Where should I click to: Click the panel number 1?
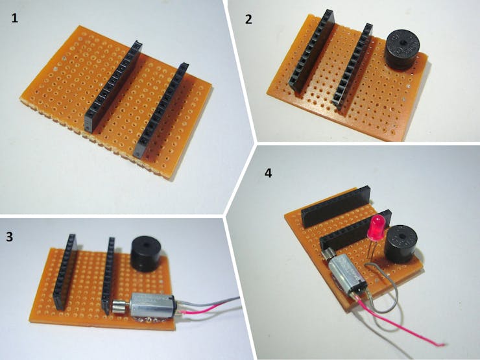(15, 18)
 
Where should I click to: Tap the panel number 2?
(248, 19)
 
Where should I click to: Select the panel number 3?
(10, 237)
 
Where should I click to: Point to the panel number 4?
(268, 173)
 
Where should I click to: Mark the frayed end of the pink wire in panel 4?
(442, 344)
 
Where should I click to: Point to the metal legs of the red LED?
(373, 250)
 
